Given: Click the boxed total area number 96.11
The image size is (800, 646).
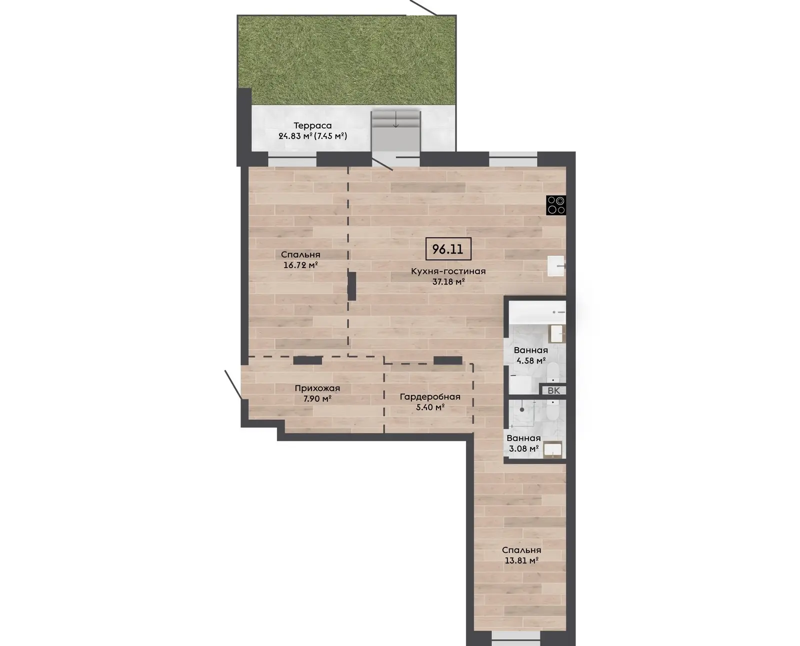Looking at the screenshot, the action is (448, 249).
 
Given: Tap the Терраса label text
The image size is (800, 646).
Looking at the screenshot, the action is (312, 126).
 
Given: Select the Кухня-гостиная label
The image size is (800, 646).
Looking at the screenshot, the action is (448, 271).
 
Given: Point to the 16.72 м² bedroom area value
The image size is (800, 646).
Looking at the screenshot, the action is (300, 265).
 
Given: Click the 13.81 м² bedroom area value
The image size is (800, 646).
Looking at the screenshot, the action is (521, 560).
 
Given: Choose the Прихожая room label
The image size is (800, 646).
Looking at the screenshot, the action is (317, 388).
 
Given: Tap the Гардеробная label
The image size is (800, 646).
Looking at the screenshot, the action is (430, 397).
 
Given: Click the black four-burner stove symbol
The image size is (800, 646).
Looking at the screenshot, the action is (556, 205).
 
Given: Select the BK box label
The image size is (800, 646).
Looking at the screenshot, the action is (554, 391).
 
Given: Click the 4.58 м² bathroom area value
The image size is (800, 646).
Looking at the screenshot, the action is (531, 361).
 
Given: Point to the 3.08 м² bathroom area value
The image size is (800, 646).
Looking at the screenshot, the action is (524, 449).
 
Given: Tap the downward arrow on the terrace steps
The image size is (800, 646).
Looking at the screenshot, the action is (396, 119).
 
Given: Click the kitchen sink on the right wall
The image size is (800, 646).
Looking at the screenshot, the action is (556, 266).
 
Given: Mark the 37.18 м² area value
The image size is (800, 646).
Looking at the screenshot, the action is (448, 282).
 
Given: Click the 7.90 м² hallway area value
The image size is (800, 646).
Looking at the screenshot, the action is (317, 399).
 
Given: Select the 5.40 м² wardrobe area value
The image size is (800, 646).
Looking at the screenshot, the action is (430, 407).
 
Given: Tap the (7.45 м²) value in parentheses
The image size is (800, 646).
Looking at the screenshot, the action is (330, 136).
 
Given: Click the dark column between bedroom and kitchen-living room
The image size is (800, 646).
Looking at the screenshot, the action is (351, 286).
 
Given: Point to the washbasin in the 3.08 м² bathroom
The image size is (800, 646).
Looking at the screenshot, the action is (553, 449).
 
